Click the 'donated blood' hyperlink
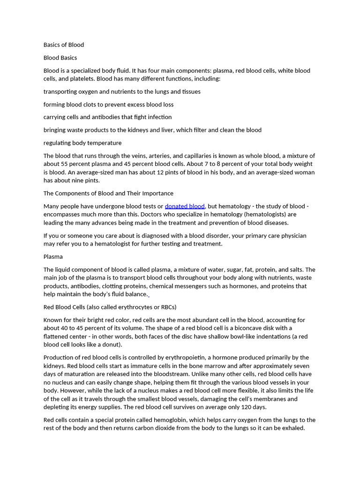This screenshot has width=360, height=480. [x=185, y=206]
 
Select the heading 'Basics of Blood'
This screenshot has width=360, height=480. [x=64, y=45]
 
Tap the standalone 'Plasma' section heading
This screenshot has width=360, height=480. [x=53, y=257]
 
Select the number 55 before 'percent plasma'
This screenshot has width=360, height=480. [x=65, y=164]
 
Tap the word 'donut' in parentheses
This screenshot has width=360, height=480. [x=111, y=345]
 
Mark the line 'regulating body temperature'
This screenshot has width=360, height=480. [x=82, y=143]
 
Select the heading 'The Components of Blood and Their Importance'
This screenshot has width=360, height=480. [x=108, y=193]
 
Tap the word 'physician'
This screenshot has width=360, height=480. [x=302, y=236]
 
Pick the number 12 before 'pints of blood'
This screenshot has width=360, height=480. [x=193, y=172]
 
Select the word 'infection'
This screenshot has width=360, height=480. [x=157, y=117]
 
